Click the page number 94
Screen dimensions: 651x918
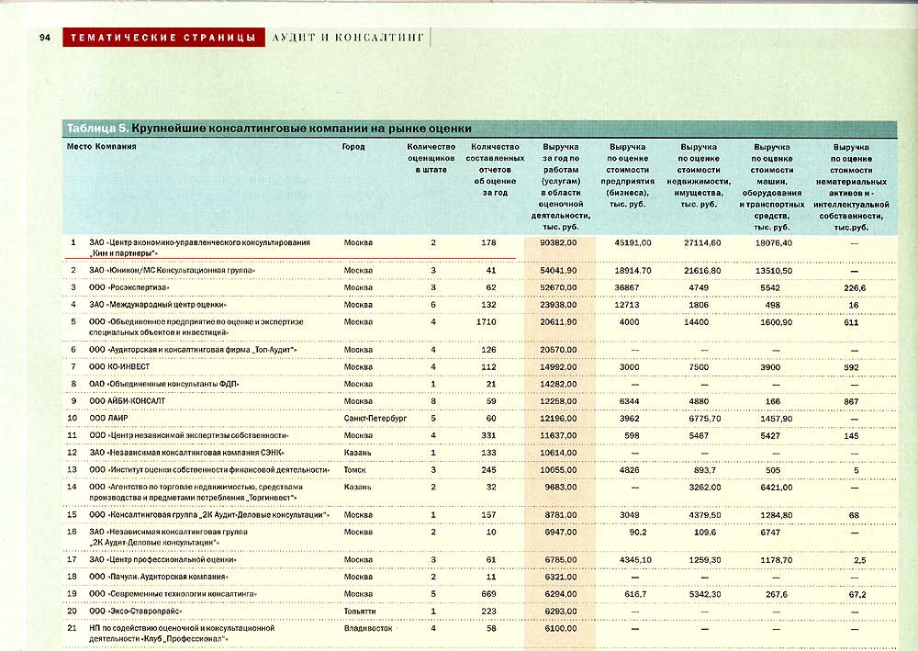point(43,38)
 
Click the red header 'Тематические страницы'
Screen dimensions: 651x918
point(162,38)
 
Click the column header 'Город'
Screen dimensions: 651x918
point(353,147)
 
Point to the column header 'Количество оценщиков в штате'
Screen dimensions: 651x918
point(431,158)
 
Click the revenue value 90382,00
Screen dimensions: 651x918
point(559,242)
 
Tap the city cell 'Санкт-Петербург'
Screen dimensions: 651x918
point(375,418)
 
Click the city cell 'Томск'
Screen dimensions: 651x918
point(354,469)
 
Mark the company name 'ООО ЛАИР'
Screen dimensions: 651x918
point(107,418)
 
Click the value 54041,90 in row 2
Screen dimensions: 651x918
point(559,271)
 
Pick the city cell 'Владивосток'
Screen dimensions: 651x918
point(368,628)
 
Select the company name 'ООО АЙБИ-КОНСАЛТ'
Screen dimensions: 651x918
point(127,401)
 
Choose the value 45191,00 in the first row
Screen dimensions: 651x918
point(632,242)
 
